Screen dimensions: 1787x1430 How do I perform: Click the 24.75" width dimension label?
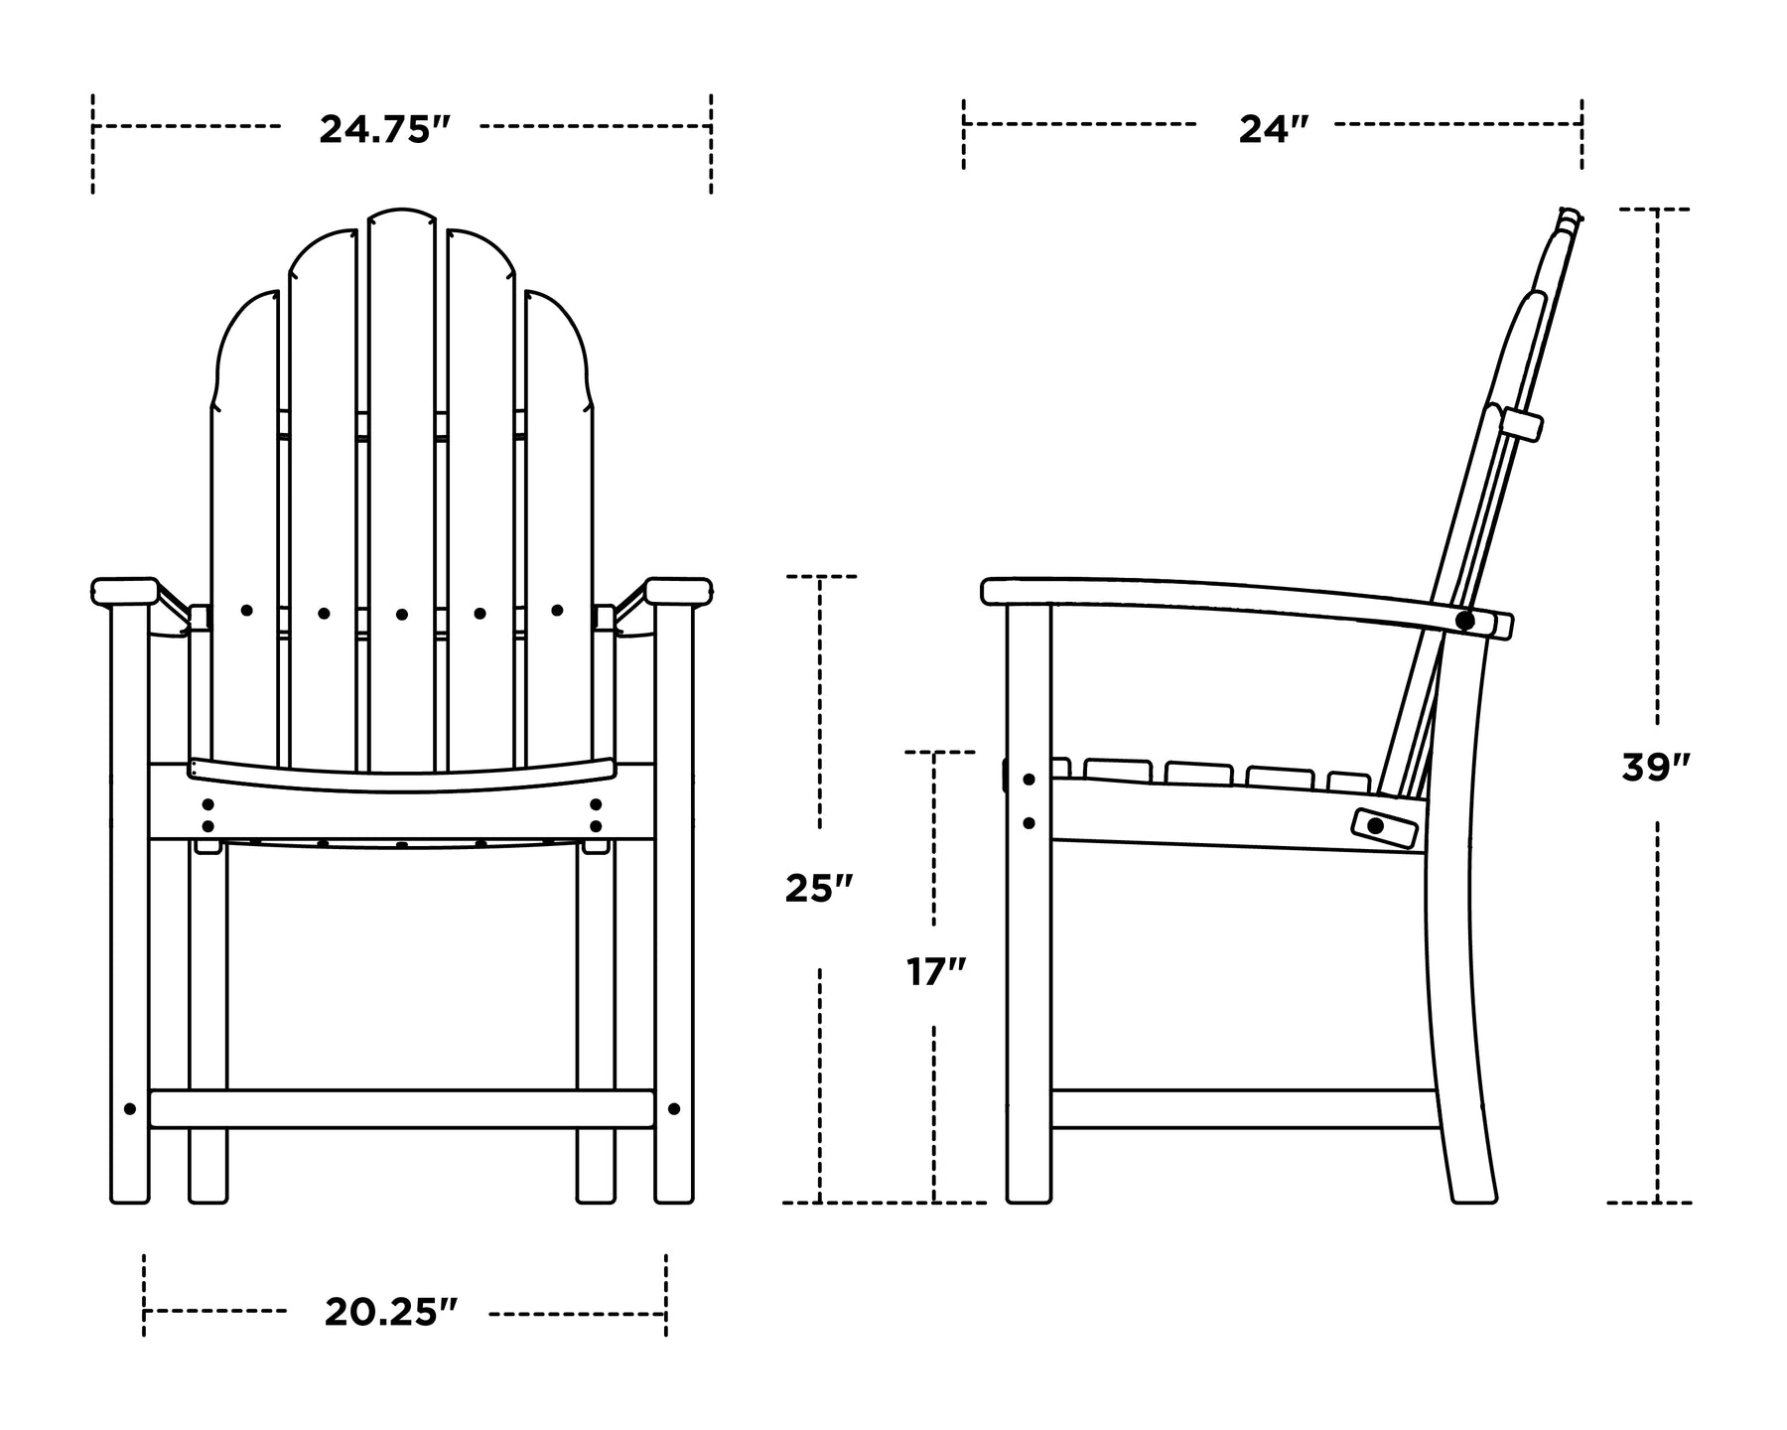point(385,129)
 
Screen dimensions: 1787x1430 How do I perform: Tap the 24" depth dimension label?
point(1274,129)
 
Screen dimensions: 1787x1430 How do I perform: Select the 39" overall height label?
point(1656,768)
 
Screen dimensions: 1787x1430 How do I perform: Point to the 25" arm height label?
point(819,889)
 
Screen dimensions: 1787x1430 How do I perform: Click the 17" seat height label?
point(936,971)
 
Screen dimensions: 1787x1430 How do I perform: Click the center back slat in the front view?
point(402,492)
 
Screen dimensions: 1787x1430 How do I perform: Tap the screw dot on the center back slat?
point(402,615)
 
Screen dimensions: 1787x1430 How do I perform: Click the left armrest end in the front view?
point(125,592)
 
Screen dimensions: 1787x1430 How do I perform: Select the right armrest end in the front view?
point(679,592)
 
